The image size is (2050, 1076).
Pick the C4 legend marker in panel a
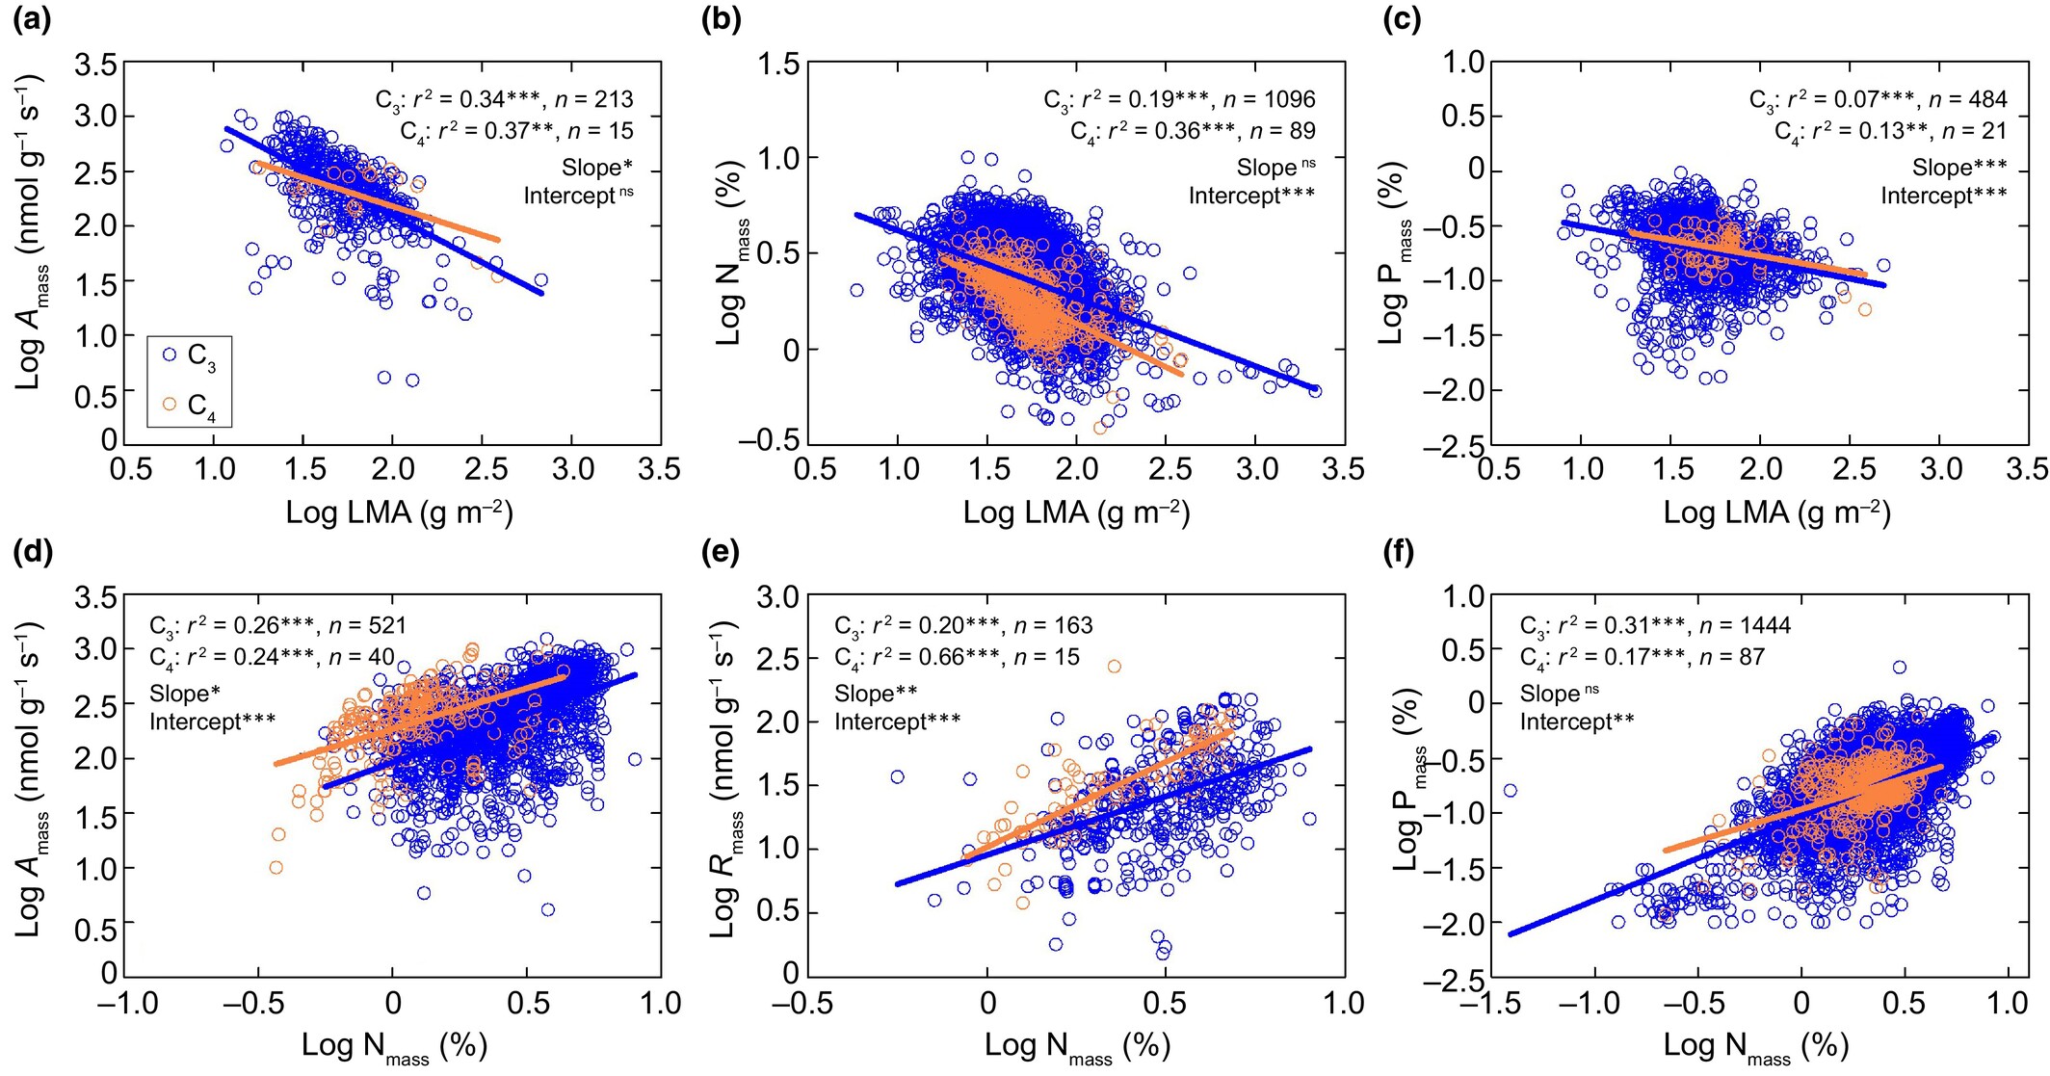[170, 405]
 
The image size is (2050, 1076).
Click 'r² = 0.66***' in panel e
[927, 657]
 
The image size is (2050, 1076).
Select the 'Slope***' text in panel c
[1959, 168]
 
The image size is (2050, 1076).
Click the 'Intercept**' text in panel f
[1577, 722]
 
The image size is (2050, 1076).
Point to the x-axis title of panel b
[1076, 512]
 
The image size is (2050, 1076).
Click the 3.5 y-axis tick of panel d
[96, 598]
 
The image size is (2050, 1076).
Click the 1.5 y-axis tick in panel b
[777, 65]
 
